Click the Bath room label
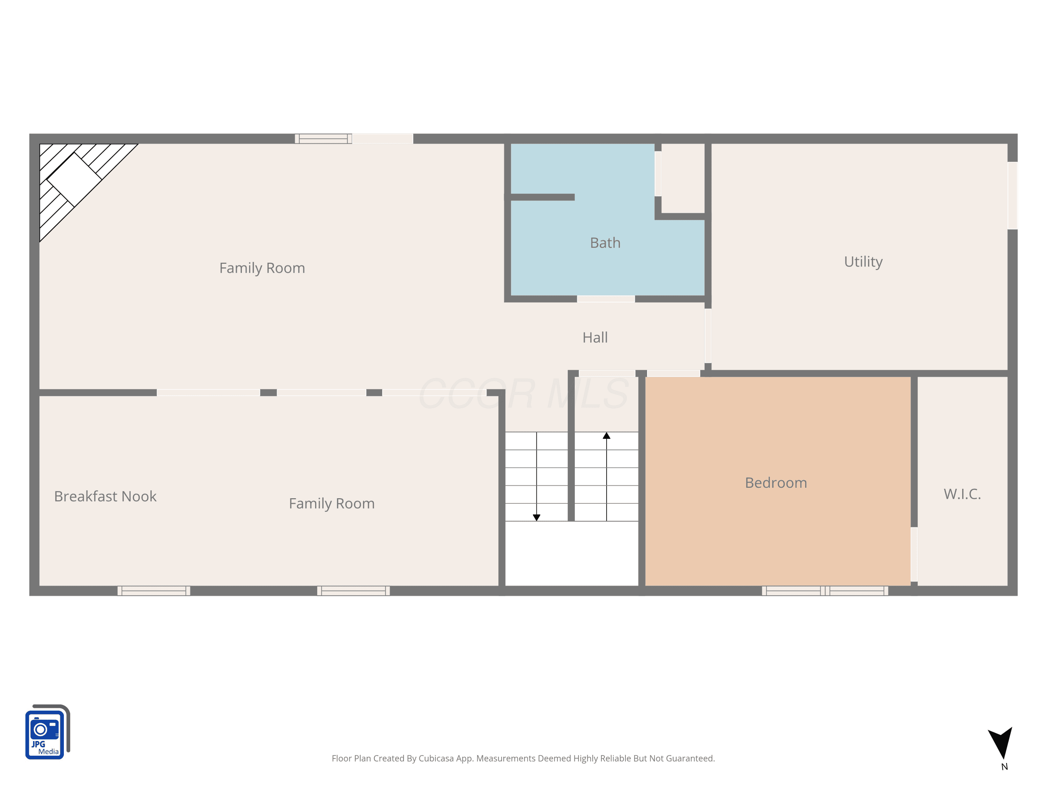605,243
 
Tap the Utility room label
863,262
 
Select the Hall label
595,337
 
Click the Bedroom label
776,483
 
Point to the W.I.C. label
962,494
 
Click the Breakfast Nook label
105,496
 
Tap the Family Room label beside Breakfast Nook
332,504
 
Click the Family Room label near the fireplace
262,268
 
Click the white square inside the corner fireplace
74,180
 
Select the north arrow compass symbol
1001,742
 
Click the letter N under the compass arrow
1004,767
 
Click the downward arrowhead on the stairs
536,518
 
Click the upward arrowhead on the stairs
606,436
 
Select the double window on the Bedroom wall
825,591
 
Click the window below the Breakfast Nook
154,591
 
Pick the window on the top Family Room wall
323,139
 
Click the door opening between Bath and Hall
606,299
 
